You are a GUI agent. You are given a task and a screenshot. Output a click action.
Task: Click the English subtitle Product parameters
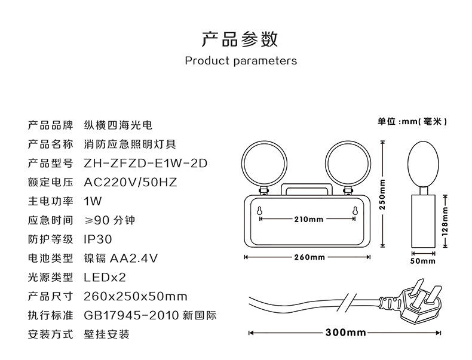(241, 61)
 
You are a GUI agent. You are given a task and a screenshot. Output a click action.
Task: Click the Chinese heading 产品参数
(240, 39)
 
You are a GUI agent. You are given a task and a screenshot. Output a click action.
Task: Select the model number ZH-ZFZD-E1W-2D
(146, 164)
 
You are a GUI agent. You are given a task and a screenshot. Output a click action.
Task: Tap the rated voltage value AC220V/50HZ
(130, 182)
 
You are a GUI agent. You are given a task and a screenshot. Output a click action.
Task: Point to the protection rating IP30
(98, 239)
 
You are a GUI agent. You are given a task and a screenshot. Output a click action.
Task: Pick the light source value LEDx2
(105, 277)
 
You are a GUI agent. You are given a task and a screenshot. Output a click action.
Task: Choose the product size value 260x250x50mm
(136, 297)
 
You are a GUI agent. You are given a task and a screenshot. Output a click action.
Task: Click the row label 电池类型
(51, 259)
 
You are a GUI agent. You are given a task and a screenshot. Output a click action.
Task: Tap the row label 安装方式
(51, 334)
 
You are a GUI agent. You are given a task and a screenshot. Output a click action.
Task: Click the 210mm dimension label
(308, 219)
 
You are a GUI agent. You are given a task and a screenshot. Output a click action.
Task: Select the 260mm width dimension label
(309, 257)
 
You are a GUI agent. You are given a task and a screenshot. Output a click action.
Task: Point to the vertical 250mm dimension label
(382, 194)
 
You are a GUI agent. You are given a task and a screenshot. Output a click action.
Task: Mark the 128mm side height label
(446, 221)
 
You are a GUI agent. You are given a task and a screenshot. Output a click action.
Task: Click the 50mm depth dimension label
(422, 261)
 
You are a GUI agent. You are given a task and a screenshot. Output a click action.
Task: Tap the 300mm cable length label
(346, 333)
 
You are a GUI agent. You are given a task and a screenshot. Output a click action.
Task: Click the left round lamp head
(264, 165)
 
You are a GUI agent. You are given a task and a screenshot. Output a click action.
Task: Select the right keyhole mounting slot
(355, 211)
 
